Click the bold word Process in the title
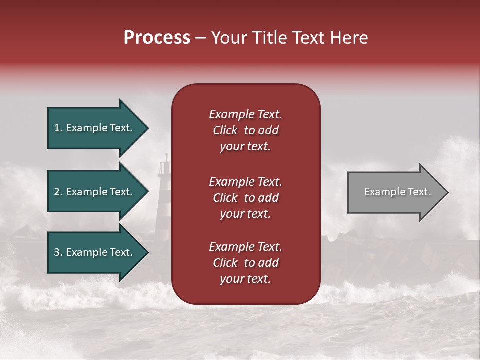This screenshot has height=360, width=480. pos(157,38)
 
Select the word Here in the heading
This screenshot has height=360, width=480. pos(349,38)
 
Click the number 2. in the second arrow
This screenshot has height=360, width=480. pos(58,192)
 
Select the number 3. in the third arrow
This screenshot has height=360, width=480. pos(58,252)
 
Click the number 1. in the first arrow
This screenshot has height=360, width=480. pos(58,128)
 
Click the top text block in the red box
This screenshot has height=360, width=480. pos(245,130)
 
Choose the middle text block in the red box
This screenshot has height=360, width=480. pos(245,198)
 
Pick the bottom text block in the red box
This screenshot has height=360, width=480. pos(245,263)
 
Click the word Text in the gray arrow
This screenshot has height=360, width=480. pos(420,192)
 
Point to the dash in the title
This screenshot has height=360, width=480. pos(200,38)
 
